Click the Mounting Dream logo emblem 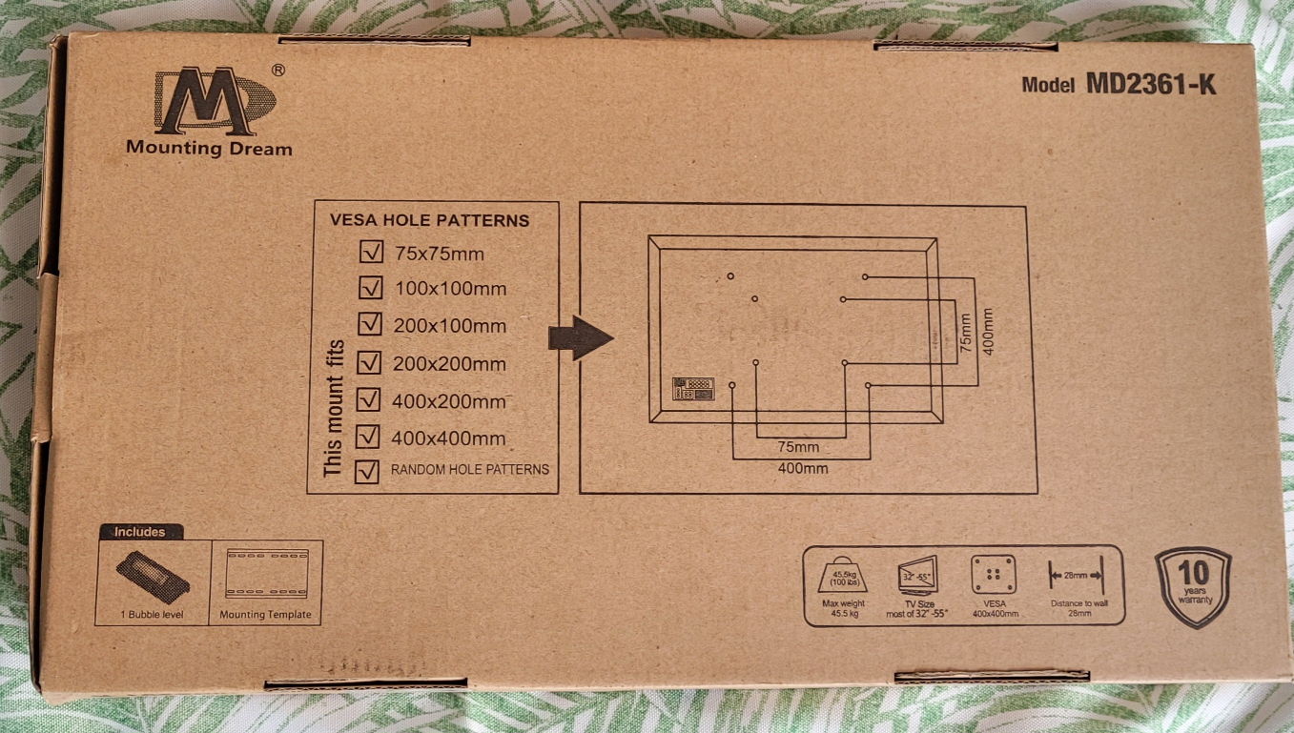pos(214,101)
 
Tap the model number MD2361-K pos(1150,84)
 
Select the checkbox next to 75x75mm pos(369,253)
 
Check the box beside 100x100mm pos(370,288)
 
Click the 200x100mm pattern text pos(449,326)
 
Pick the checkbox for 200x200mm pos(368,363)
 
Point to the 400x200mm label pos(448,401)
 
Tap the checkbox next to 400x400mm pos(367,438)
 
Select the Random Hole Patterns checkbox pos(366,471)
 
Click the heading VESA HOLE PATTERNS pos(429,220)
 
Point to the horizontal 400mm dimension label pos(802,468)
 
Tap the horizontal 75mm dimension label pos(798,446)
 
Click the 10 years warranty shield pos(1193,585)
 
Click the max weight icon pos(843,576)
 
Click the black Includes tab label pos(140,532)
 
